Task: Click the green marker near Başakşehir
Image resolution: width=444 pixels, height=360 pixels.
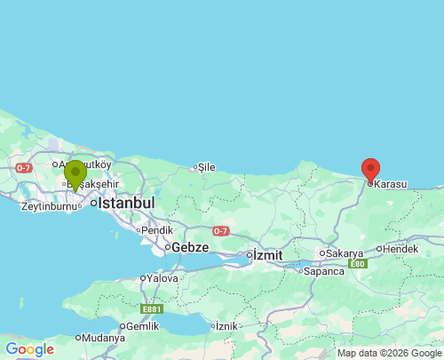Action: pos(75,173)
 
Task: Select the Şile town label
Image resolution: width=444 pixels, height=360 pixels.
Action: pos(206,166)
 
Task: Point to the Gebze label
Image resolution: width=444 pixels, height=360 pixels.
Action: pos(190,246)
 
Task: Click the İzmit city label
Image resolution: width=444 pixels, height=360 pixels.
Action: pos(267,255)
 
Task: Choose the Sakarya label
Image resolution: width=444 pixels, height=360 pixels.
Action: pos(345,253)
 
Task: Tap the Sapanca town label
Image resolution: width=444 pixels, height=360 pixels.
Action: pos(325,270)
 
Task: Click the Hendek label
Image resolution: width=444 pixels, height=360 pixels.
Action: pos(400,249)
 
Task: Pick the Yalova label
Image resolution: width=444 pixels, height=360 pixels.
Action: pos(163,278)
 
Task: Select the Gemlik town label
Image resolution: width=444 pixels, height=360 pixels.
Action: pos(142,326)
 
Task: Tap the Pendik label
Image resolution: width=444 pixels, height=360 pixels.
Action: pos(156,229)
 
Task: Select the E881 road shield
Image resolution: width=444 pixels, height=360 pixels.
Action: pos(152,308)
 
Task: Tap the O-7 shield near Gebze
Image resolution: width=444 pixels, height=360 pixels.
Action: pos(220,232)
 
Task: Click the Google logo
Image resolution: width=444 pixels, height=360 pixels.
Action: pos(29,349)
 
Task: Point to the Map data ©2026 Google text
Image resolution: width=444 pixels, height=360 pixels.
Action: pos(388,354)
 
